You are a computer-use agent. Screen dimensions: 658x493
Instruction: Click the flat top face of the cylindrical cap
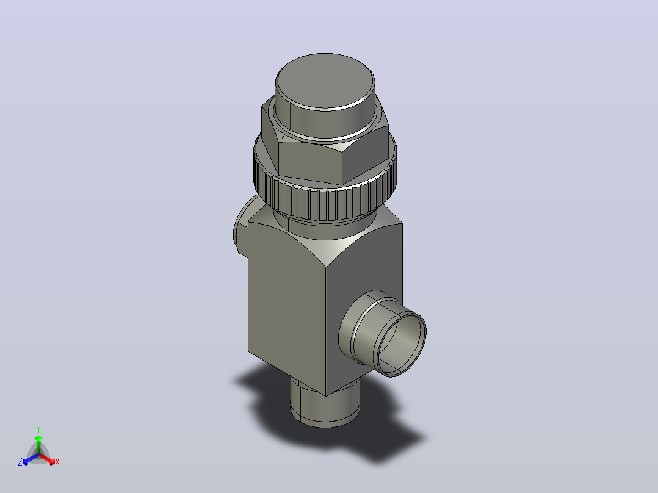pos(325,81)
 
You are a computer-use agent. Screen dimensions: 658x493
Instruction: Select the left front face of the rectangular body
pos(287,306)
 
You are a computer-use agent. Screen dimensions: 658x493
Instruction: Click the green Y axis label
pos(38,430)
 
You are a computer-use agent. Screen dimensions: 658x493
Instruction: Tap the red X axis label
pos(57,462)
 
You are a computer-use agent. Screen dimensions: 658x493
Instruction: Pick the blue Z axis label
pos(20,462)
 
